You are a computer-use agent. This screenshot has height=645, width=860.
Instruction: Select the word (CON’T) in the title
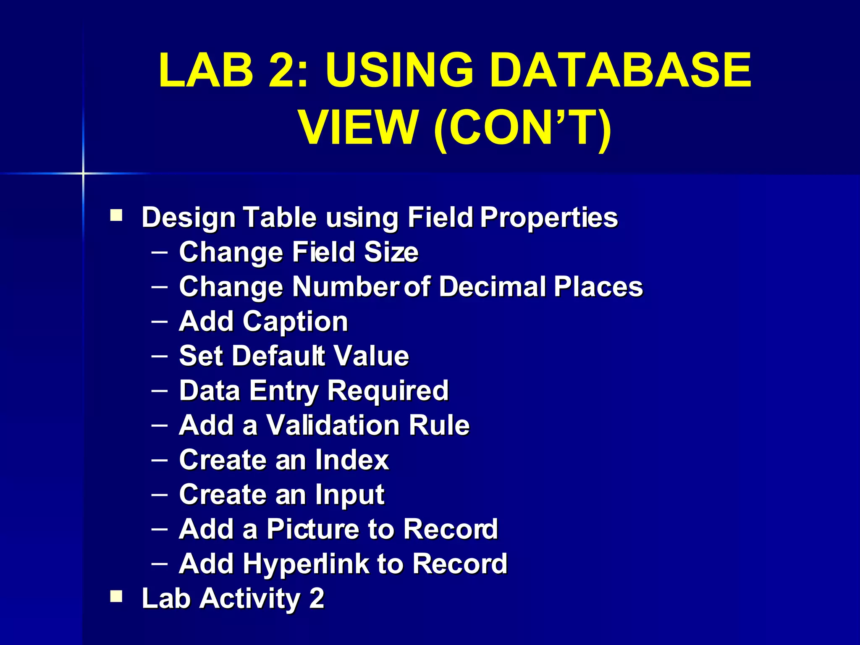click(522, 128)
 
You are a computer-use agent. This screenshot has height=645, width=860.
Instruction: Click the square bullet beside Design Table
click(116, 216)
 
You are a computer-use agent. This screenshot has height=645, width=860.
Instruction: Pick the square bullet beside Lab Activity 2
click(116, 596)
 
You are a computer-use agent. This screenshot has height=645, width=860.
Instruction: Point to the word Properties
click(549, 218)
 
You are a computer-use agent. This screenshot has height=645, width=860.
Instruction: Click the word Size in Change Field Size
click(391, 252)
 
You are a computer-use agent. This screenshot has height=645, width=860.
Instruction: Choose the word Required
click(388, 391)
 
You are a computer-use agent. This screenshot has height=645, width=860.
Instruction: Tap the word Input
click(350, 495)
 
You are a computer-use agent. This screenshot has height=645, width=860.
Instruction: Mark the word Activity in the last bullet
click(249, 598)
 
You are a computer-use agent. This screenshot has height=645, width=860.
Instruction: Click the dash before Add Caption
click(160, 322)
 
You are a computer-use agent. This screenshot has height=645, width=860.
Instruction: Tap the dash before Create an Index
click(160, 460)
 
